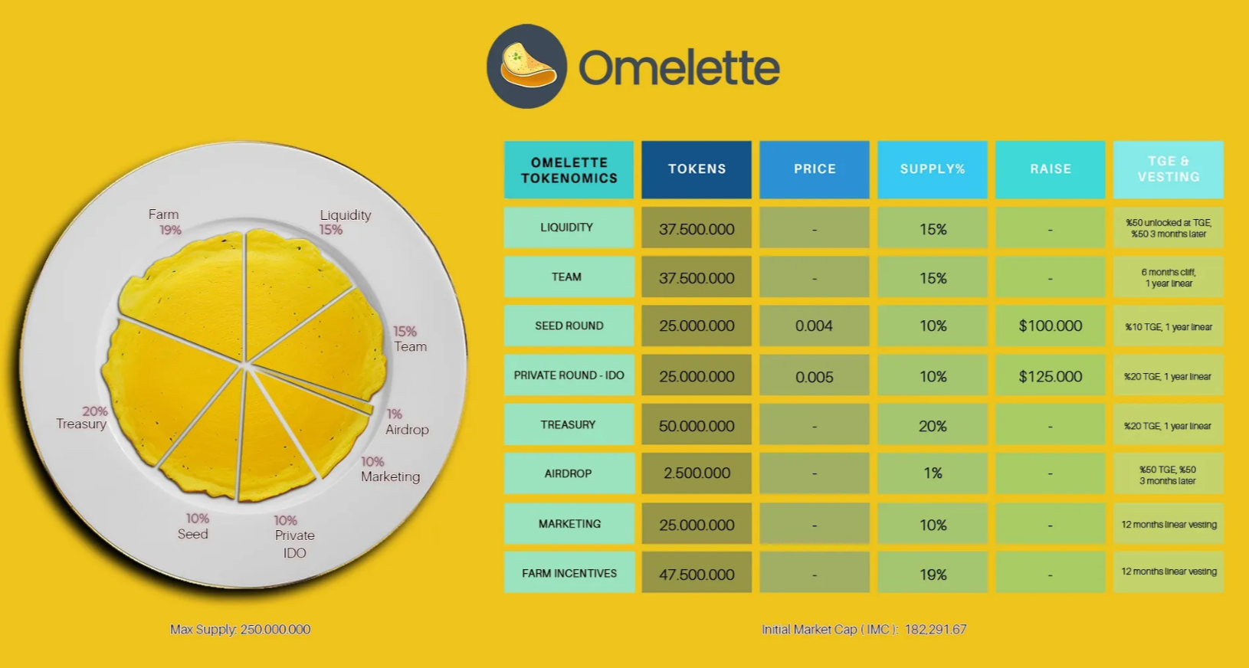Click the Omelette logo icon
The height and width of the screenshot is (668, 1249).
(527, 67)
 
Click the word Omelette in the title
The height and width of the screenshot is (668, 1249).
(679, 68)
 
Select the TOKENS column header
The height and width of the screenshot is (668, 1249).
(697, 169)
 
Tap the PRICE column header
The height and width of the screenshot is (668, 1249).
(815, 169)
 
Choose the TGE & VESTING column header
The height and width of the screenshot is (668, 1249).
(1168, 169)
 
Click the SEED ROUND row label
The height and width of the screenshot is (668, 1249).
(569, 326)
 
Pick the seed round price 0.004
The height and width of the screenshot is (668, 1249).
(814, 326)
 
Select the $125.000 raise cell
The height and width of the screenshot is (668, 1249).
(1050, 376)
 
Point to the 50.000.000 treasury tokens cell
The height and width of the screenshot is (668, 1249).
(697, 426)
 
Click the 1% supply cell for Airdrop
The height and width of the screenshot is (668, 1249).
(933, 473)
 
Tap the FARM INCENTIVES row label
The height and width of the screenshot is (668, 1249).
(569, 573)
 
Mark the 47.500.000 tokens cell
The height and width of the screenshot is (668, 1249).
(697, 574)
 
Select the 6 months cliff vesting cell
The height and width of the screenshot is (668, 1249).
(1168, 277)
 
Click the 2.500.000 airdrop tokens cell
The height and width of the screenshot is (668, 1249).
(697, 473)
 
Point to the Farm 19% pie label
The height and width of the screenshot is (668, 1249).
(165, 222)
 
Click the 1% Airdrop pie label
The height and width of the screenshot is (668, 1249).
(406, 422)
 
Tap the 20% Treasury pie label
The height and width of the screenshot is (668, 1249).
(83, 417)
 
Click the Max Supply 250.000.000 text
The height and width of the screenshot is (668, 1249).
(240, 630)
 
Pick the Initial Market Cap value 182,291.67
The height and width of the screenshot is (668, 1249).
(936, 630)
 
